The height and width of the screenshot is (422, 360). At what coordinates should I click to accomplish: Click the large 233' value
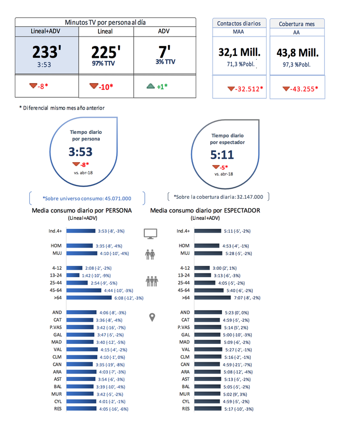[46, 52]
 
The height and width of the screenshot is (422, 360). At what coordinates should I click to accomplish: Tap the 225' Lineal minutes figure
[106, 52]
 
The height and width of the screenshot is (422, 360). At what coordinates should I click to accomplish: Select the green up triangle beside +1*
[151, 86]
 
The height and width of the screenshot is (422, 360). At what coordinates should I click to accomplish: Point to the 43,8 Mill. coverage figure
[298, 52]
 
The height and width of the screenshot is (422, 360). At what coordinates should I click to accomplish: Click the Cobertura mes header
[298, 23]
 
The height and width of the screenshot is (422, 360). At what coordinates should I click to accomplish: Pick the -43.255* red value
[301, 89]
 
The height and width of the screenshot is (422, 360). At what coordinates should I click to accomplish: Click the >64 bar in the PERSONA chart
[89, 298]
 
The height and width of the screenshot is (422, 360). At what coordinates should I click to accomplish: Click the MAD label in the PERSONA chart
[56, 342]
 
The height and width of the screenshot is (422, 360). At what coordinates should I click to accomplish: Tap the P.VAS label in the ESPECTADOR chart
[183, 327]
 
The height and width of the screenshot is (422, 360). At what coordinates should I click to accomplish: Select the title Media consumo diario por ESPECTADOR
[205, 211]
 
